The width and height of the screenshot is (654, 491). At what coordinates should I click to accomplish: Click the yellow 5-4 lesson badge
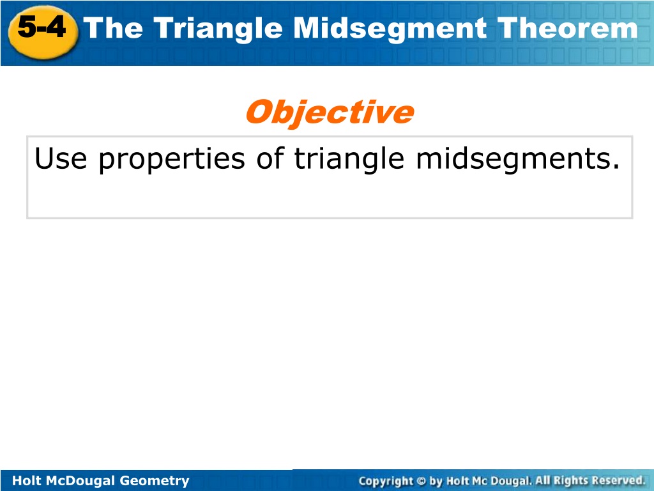click(x=43, y=32)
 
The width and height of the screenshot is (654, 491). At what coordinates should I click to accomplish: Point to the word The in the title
click(x=113, y=28)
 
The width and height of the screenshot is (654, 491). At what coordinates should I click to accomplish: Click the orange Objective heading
click(x=330, y=113)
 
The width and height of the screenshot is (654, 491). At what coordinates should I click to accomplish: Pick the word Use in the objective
click(x=61, y=159)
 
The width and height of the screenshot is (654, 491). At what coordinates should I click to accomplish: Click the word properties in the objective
click(x=171, y=160)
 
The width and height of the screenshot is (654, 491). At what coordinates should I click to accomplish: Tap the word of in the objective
click(x=270, y=159)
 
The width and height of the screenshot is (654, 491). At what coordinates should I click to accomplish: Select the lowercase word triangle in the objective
click(x=349, y=160)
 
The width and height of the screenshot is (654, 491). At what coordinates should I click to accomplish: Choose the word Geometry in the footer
click(x=155, y=481)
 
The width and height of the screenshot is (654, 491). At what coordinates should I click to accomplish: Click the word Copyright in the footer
click(x=386, y=481)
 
